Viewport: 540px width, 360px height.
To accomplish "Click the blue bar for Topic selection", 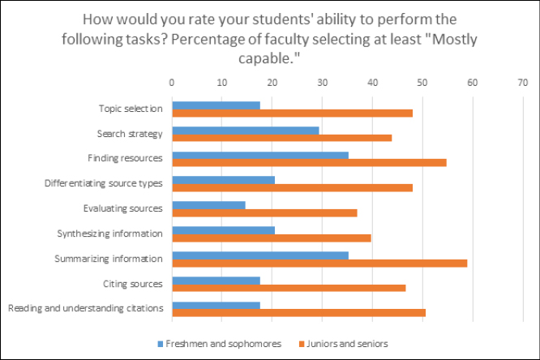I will click(x=216, y=105).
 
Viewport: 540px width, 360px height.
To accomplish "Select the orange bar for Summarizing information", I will click(x=319, y=263).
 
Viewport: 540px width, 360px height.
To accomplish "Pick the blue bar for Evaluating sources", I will click(x=208, y=205).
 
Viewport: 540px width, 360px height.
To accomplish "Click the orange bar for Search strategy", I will click(x=282, y=137).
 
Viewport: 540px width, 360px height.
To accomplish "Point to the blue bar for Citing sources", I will click(x=216, y=281).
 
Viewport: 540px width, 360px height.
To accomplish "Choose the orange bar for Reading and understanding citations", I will click(x=298, y=311).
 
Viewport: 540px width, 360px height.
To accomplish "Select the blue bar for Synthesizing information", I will click(x=223, y=230).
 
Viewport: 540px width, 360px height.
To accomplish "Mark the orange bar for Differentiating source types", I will click(x=292, y=187).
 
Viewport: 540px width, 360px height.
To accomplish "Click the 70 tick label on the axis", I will click(x=522, y=82).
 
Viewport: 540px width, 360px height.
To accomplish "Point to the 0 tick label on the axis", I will click(x=172, y=82).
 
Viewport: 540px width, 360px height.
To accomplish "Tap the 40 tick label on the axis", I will click(x=372, y=82).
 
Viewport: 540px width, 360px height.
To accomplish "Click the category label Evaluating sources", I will click(x=122, y=208).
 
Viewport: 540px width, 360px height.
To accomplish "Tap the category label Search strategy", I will click(x=130, y=133).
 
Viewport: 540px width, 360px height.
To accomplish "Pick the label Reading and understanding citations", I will click(x=85, y=308).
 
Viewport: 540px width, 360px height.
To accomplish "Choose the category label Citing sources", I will click(x=134, y=284).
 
